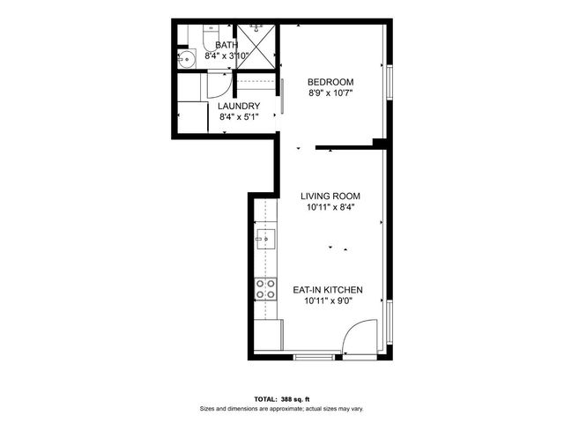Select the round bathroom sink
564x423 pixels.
click(186, 60)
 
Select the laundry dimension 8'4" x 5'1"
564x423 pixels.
click(239, 116)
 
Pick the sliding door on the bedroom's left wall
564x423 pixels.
click(282, 96)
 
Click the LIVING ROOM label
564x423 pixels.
click(330, 197)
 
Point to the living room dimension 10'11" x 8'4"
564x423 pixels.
click(330, 208)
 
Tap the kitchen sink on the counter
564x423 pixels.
click(266, 239)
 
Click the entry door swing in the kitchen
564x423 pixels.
click(360, 340)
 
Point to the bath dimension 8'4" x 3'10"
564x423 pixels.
click(226, 56)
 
